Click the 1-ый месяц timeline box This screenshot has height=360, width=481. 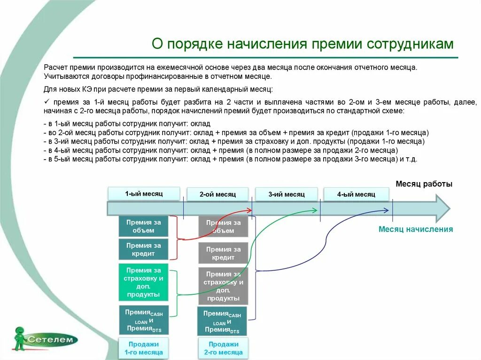[x=144, y=193]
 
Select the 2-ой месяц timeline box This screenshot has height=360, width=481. [x=217, y=194]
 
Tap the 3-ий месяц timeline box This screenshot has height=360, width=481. [x=287, y=194]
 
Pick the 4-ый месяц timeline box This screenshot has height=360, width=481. [x=356, y=194]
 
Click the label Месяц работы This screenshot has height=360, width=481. [x=424, y=184]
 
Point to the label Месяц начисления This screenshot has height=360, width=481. [x=416, y=229]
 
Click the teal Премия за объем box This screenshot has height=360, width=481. [x=143, y=226]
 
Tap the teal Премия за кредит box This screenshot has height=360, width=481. [x=143, y=250]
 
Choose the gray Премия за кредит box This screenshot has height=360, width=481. [x=223, y=253]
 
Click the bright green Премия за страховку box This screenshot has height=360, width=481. [x=143, y=283]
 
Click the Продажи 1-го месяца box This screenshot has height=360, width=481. [x=143, y=348]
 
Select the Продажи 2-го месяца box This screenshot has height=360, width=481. [x=223, y=348]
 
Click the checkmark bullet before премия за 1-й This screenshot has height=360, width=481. [x=47, y=102]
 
